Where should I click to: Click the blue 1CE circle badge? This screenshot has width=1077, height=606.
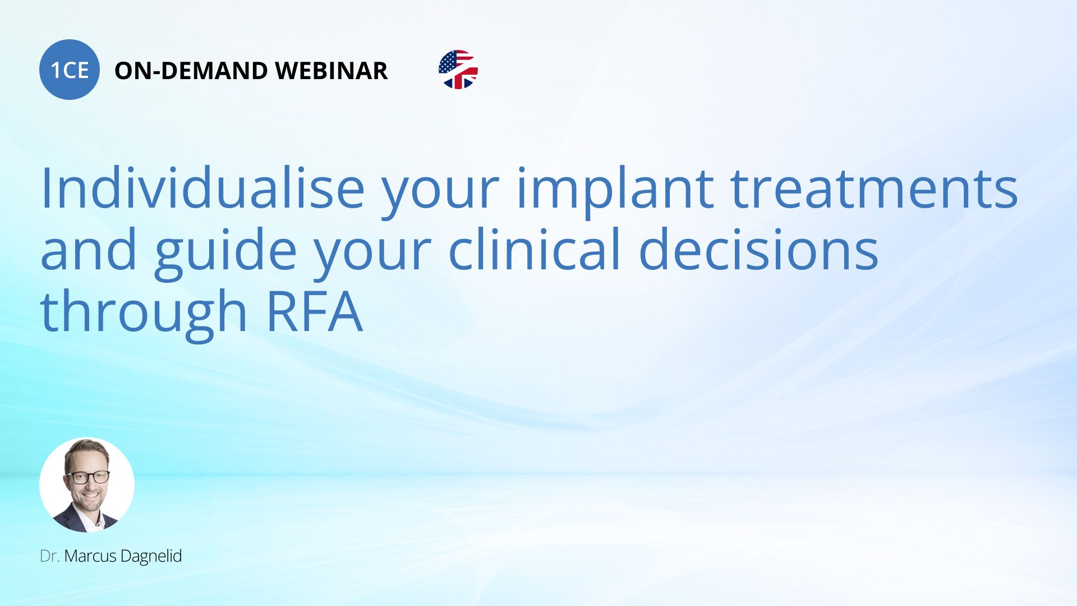(70, 70)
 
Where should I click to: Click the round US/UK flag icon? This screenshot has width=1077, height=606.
(458, 70)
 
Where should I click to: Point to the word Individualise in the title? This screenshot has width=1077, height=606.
(203, 189)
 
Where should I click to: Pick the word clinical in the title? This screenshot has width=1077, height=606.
(535, 249)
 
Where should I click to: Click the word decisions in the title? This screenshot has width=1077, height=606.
(758, 249)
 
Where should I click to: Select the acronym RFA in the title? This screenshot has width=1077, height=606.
(314, 312)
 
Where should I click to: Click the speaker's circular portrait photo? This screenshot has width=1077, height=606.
(87, 485)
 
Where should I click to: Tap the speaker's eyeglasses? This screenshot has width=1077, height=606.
(89, 478)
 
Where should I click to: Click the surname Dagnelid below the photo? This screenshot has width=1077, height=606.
(151, 556)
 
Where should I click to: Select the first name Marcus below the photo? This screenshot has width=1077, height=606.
(90, 556)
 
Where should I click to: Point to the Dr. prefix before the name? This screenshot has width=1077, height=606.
(50, 556)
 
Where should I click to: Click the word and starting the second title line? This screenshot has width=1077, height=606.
(89, 250)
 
